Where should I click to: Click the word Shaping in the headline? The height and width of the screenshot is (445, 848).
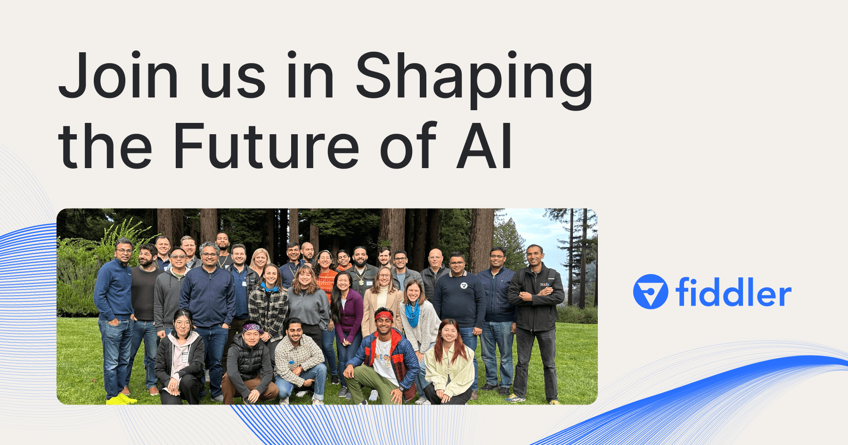473,78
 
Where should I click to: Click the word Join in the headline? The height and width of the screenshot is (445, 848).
118,75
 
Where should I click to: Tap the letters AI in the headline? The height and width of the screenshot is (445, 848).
484,146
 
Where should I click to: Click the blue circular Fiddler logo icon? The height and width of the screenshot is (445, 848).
651,292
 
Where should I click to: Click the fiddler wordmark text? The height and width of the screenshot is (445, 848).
733,293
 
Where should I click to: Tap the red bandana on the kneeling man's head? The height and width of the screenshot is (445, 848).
384,316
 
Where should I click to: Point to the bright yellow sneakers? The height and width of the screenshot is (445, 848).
121,399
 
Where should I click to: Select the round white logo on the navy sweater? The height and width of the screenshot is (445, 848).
464,286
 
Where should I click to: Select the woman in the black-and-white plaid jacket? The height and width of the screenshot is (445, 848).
269,306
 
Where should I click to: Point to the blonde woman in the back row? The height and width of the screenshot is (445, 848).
260,259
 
